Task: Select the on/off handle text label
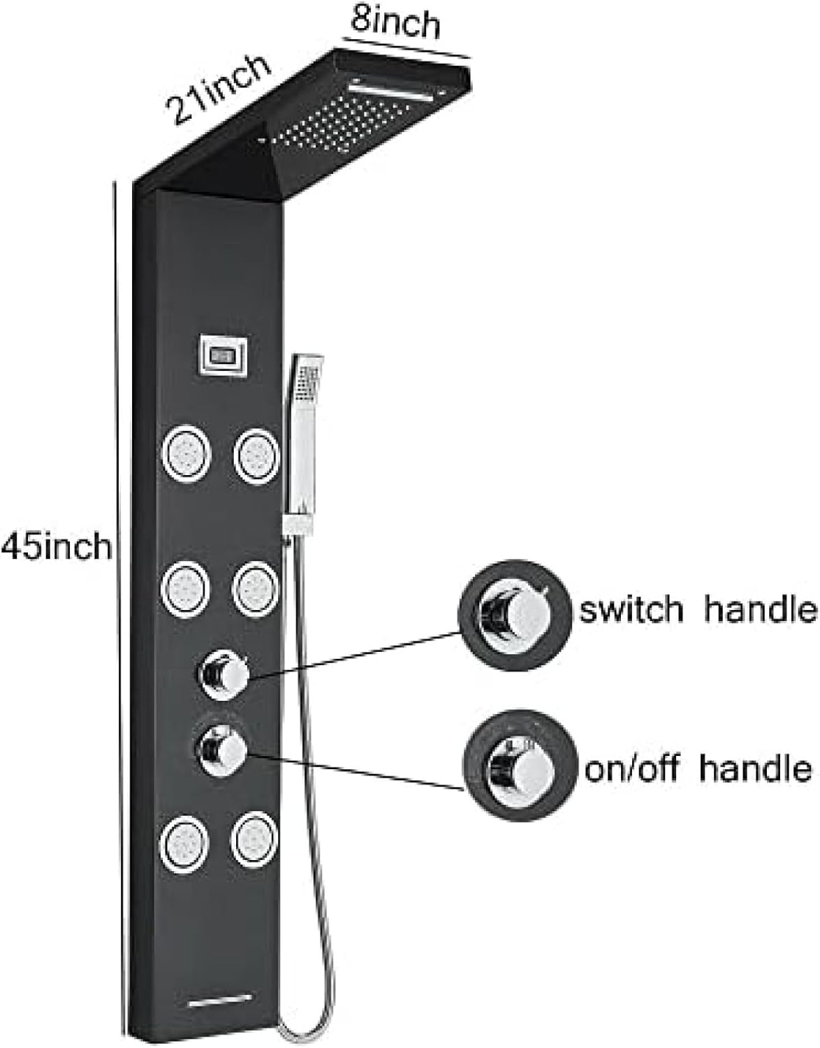pos(698,769)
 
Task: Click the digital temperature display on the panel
pos(224,358)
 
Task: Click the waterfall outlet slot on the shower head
pos(391,91)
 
